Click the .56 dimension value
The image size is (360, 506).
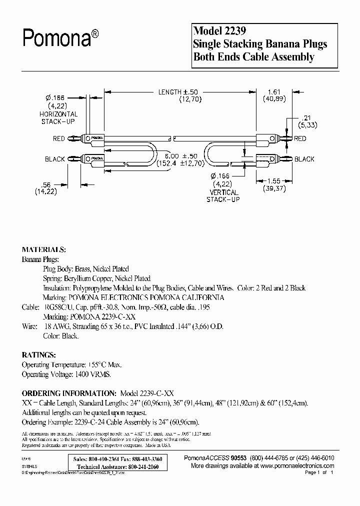(x=45, y=184)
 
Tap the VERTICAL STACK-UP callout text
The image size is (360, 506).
(x=223, y=196)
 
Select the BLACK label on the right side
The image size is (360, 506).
(x=304, y=159)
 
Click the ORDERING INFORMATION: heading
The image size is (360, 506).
(x=69, y=393)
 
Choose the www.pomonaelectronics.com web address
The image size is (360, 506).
(x=297, y=465)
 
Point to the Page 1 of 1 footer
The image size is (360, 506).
(x=318, y=472)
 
